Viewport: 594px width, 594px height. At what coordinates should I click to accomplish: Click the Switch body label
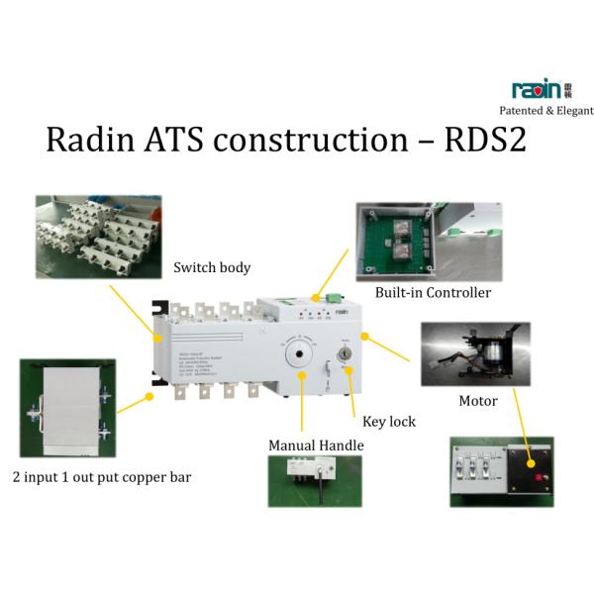point(211,267)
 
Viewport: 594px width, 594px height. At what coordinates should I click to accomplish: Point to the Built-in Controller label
point(434,293)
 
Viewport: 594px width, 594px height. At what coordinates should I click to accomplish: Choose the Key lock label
point(389,422)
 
